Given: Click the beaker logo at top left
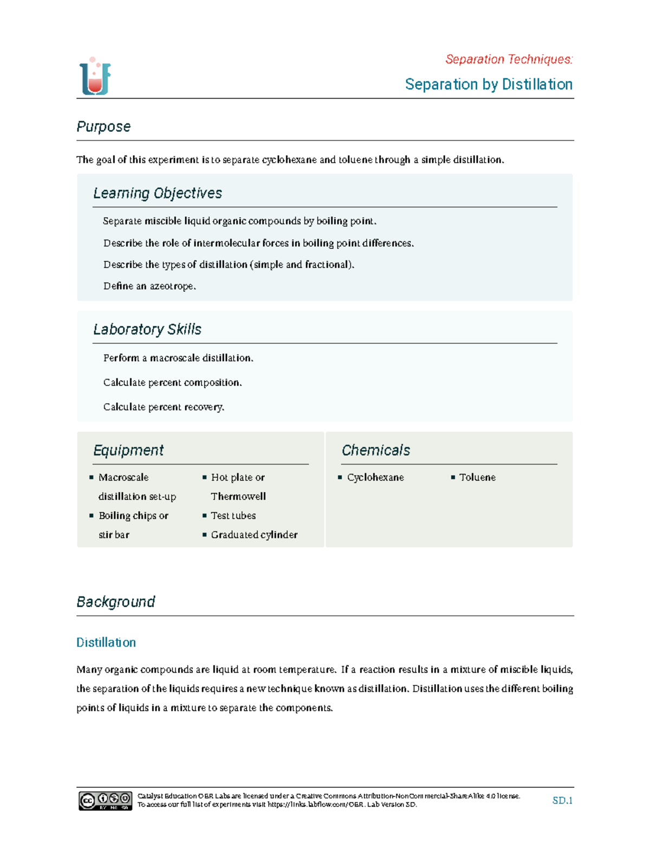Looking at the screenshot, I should pos(95,76).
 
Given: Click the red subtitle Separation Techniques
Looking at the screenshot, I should pos(509,59).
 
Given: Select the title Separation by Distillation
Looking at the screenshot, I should pos(489,85).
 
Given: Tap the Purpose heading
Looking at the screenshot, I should pos(103,126).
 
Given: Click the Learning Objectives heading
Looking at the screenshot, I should pos(158,193).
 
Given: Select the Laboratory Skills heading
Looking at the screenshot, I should pos(147,329).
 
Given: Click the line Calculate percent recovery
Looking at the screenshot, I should pos(164,407).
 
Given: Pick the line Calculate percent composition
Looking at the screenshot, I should pos(172,382).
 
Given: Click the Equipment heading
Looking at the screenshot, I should pos(128,450).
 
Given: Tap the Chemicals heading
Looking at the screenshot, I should pos(376,450).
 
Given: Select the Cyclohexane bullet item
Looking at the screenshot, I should pos(375,477).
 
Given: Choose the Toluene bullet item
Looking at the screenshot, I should pos(477,477).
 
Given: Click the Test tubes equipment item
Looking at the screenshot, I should pos(233,516).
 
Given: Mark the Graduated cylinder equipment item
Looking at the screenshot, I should pos(254,535).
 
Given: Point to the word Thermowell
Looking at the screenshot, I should pos(238,497).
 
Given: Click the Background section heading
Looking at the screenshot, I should pos(116,602).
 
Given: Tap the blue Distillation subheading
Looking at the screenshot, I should pos(106,642).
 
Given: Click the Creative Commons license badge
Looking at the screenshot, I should pos(106,800).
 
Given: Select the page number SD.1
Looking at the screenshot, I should pos(562,800).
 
